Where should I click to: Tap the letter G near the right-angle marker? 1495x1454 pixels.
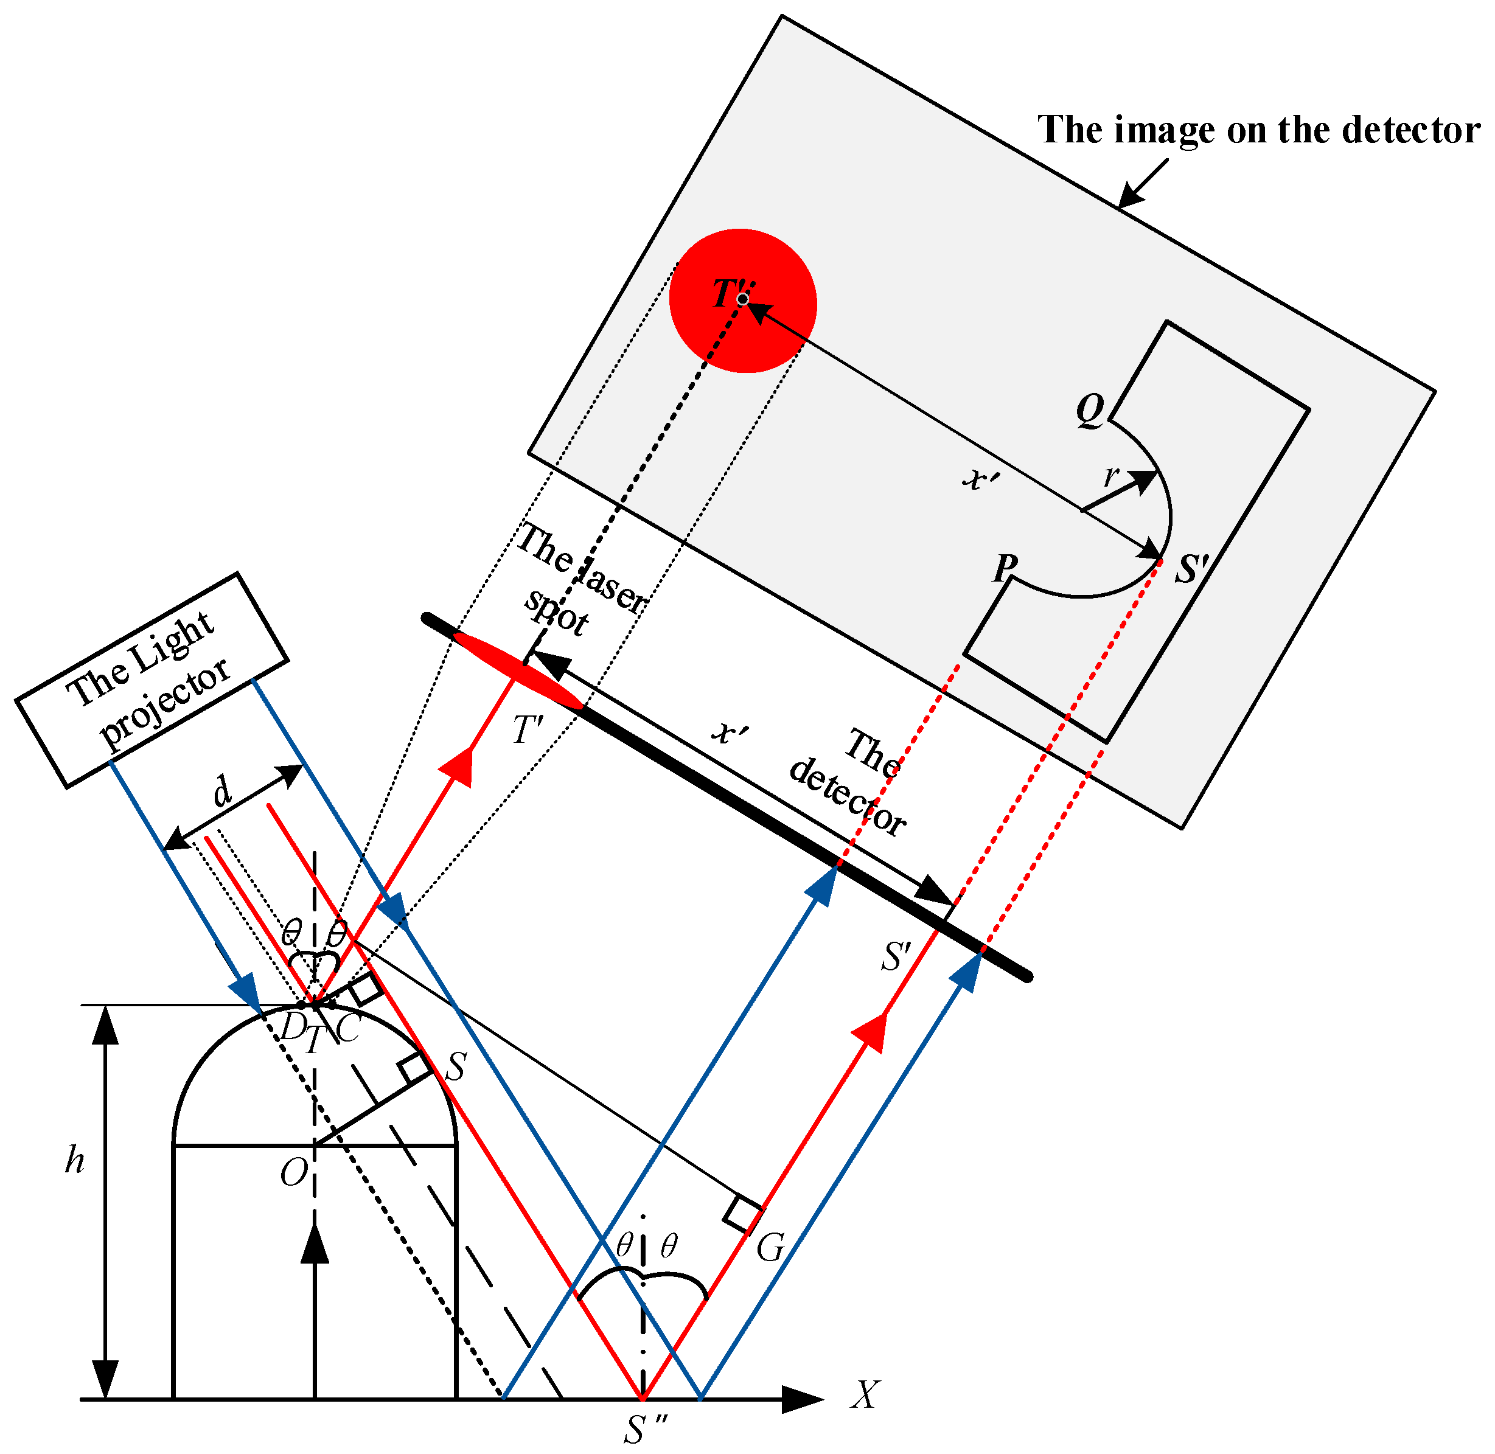pyautogui.click(x=770, y=1248)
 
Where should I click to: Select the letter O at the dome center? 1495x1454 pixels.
pyautogui.click(x=294, y=1172)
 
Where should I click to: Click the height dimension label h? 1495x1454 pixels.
pyautogui.click(x=74, y=1161)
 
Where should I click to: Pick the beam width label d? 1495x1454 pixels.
pyautogui.click(x=221, y=792)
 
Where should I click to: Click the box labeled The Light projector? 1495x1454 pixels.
pyautogui.click(x=152, y=680)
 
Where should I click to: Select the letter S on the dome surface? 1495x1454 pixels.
pyautogui.click(x=456, y=1067)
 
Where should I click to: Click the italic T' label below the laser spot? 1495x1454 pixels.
pyautogui.click(x=527, y=729)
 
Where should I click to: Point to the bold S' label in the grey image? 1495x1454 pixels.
pyautogui.click(x=1192, y=569)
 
